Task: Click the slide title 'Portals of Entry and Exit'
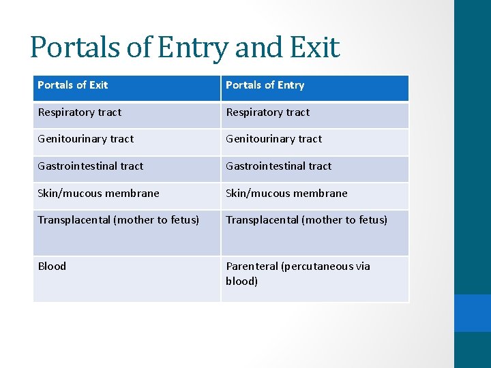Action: [x=184, y=48]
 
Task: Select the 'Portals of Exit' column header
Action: [x=73, y=85]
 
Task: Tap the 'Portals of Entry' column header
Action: [x=265, y=85]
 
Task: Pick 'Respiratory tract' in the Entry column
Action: [x=267, y=112]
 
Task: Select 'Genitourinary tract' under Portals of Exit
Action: [x=85, y=139]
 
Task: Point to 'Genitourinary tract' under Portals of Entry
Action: [x=273, y=139]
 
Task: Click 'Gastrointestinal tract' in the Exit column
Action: [x=90, y=166]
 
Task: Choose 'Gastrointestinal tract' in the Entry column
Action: [x=278, y=166]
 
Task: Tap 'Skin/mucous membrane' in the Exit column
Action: [x=98, y=194]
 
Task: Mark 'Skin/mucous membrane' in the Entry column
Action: [x=286, y=194]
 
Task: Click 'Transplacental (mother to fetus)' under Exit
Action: [x=118, y=220]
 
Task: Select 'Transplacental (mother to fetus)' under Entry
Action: [x=306, y=220]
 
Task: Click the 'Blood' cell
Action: [x=52, y=266]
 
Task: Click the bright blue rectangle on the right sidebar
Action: [x=473, y=313]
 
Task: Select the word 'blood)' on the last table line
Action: [x=241, y=281]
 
